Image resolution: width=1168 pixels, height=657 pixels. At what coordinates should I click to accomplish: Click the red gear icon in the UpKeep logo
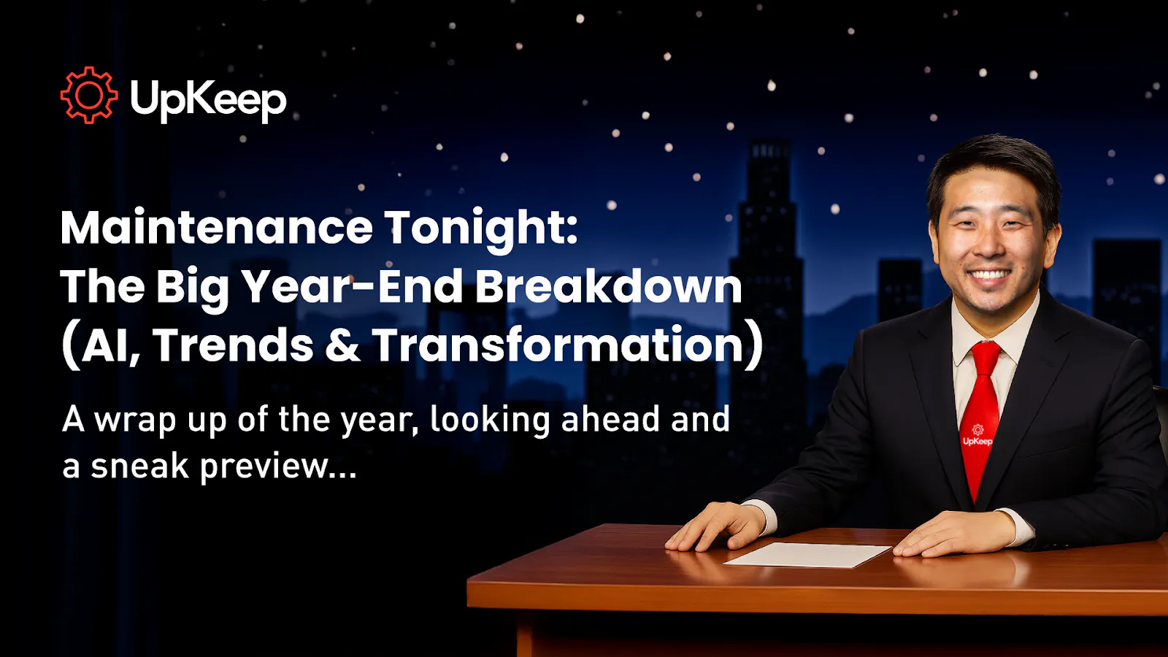(x=88, y=95)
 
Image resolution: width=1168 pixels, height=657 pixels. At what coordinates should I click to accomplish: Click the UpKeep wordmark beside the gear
(x=208, y=99)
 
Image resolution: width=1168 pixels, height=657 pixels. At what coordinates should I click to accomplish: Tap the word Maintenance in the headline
(x=217, y=228)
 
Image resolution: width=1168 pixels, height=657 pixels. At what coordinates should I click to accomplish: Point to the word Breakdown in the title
(x=609, y=286)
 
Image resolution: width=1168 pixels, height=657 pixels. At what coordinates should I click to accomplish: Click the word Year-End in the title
(x=353, y=286)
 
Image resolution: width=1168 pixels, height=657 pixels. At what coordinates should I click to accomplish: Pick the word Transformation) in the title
(x=567, y=345)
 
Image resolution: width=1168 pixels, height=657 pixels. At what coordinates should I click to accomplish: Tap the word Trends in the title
(x=233, y=345)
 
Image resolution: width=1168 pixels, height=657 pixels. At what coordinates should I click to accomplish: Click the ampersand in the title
(x=342, y=346)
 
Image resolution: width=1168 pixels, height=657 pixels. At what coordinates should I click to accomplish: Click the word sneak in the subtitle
(x=139, y=466)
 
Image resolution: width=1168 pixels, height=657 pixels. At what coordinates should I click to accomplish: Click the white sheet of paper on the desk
(x=807, y=554)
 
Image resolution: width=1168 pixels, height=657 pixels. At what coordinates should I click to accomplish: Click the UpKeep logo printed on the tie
(x=977, y=436)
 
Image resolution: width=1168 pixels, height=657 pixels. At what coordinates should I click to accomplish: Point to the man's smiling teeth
(x=989, y=276)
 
